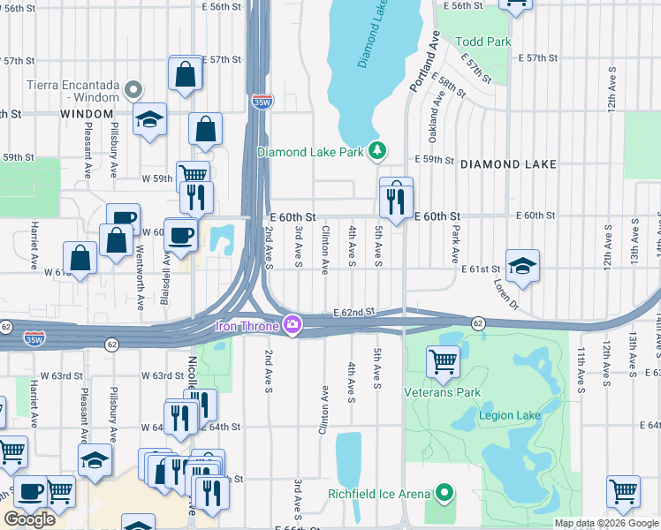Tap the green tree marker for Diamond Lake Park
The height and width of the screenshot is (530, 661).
(x=377, y=151)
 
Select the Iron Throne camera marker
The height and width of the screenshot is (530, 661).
(x=291, y=326)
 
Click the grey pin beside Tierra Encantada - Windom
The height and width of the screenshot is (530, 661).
(x=133, y=88)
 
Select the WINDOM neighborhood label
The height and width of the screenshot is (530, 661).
(x=87, y=114)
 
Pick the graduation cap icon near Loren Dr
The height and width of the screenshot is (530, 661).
(x=522, y=266)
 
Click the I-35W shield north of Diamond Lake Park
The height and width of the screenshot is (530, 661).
(x=262, y=102)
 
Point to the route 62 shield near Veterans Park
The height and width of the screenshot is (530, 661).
(x=477, y=323)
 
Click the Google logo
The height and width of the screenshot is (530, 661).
(x=29, y=519)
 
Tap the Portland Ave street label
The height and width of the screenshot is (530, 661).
(x=423, y=61)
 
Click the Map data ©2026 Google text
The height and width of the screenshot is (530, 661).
(x=606, y=523)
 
